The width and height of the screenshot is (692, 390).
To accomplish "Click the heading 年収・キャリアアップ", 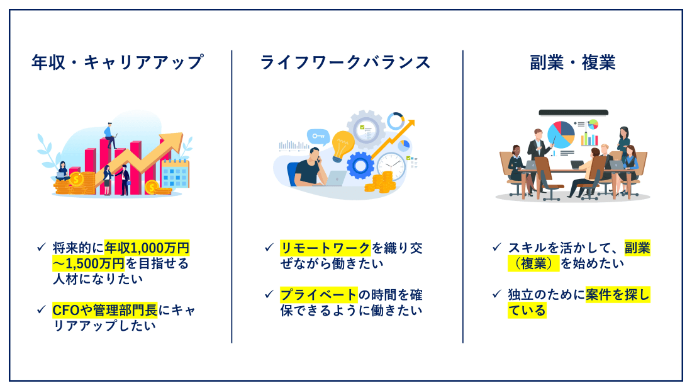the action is (118, 62).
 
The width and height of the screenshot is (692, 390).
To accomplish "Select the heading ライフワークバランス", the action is (345, 62).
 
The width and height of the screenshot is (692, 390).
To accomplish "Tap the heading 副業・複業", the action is (572, 62).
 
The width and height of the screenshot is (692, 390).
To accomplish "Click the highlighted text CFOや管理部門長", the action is (104, 310).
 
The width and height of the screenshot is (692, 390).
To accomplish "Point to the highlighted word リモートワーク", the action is (325, 248).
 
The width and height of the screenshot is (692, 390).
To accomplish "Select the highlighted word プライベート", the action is (319, 294).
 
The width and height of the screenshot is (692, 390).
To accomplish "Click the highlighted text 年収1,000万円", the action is (147, 248).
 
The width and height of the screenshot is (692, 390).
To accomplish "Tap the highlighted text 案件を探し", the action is (618, 294).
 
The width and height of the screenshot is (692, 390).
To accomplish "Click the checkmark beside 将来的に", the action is (41, 247).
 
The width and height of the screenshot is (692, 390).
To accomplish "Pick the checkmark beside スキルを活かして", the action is (497, 247).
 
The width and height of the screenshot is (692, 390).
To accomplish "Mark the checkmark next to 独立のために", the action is (497, 294).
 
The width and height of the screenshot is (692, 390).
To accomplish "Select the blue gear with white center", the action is (360, 165).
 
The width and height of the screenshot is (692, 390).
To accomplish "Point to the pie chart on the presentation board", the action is (561, 135).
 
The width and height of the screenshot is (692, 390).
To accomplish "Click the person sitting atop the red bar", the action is (109, 135).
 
